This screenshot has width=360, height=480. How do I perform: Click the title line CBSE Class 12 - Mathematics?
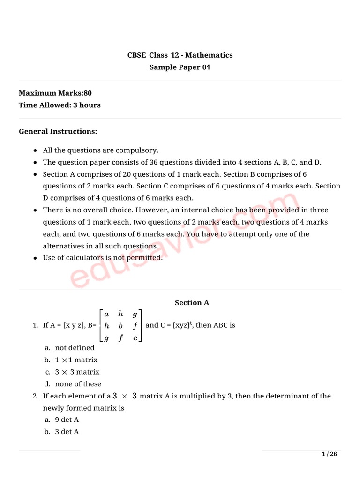click(180, 55)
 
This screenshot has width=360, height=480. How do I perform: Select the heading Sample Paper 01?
click(180, 67)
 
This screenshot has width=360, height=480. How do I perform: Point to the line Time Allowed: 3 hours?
click(60, 105)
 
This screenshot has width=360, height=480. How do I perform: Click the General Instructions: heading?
click(58, 131)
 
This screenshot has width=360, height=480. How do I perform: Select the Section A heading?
click(192, 303)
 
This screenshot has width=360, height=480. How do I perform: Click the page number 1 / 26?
click(329, 454)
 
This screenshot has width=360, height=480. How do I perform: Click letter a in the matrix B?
click(106, 314)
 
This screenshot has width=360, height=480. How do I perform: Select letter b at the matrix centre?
click(120, 326)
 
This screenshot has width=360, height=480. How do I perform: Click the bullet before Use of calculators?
click(36, 258)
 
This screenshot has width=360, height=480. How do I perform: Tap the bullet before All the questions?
click(36, 151)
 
